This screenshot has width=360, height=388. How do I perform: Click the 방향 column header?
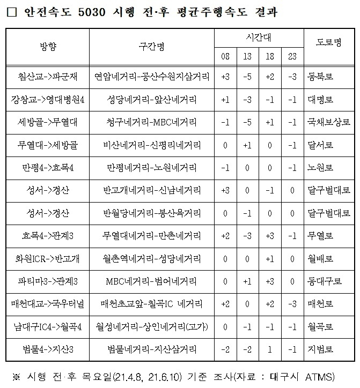(48, 45)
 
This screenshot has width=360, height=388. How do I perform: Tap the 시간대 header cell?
(259, 36)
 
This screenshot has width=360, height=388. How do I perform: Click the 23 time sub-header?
(292, 56)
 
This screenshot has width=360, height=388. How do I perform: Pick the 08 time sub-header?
(225, 56)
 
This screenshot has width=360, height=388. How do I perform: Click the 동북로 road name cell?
(321, 77)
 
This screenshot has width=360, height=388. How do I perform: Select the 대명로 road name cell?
(321, 100)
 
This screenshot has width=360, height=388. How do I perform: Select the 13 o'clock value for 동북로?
(247, 77)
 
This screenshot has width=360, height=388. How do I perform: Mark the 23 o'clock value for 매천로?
(292, 304)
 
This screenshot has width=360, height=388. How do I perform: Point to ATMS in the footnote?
(319, 374)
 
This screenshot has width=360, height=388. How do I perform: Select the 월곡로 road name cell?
(321, 326)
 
